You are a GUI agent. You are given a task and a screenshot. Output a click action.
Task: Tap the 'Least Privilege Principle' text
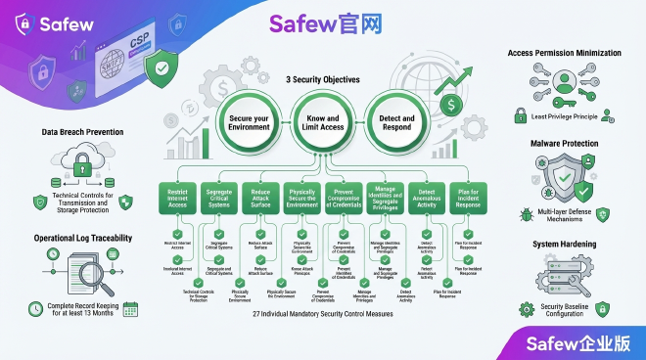point(569,115)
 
